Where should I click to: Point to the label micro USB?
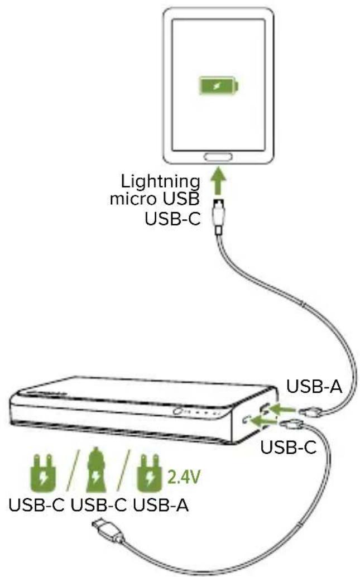point(155,199)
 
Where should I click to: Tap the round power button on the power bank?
point(177,412)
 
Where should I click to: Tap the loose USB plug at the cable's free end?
point(103,527)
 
